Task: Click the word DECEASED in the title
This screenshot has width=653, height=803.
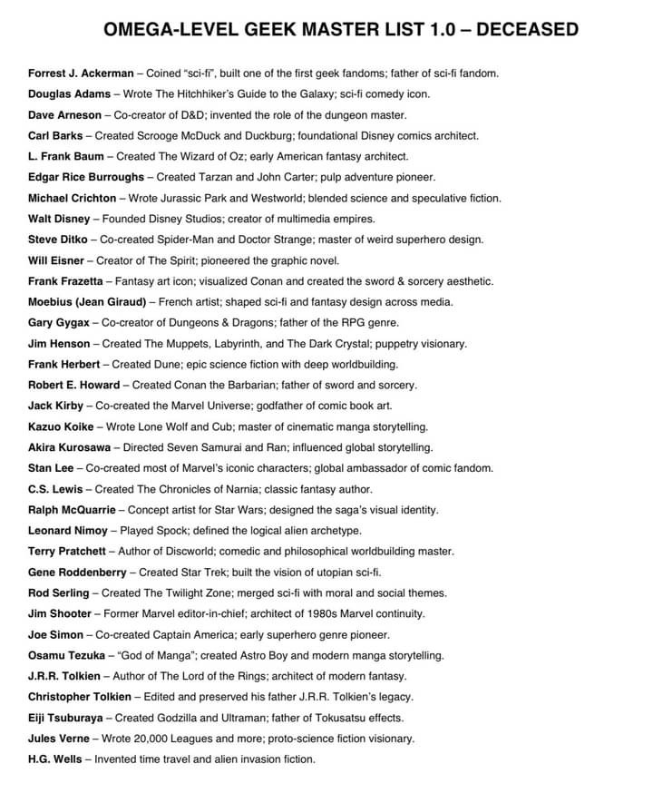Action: (527, 30)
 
